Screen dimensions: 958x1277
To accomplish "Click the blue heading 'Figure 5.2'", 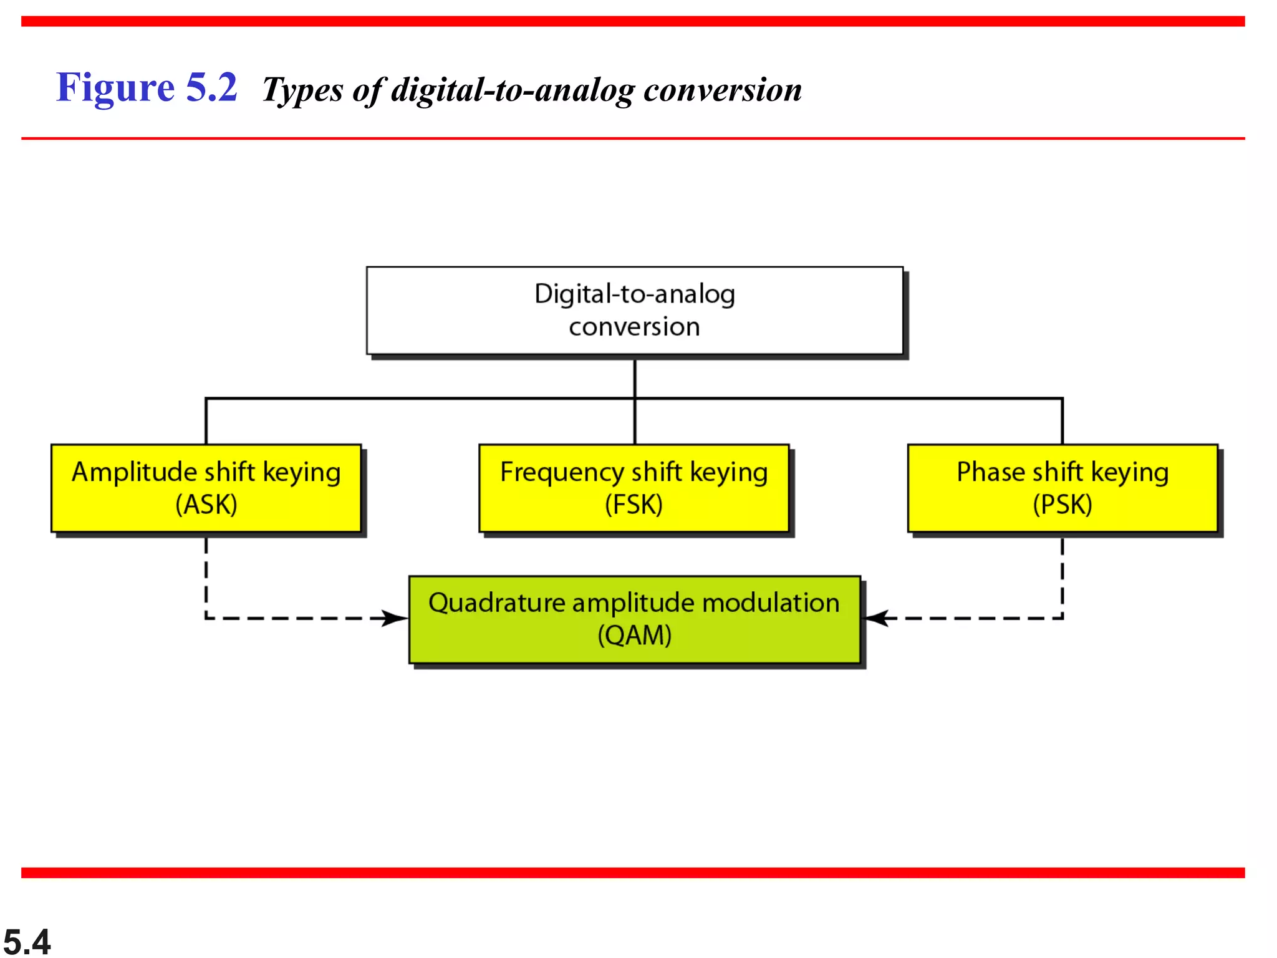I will click(147, 87).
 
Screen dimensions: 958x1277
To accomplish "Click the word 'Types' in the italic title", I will click(302, 90).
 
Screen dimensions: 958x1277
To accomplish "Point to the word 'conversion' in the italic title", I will click(722, 90).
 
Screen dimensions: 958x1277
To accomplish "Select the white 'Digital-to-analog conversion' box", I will click(634, 311).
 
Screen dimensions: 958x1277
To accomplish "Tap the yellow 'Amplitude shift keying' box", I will click(206, 488).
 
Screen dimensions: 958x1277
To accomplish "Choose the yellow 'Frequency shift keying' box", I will click(634, 488).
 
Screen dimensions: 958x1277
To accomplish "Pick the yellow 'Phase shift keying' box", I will click(1062, 488).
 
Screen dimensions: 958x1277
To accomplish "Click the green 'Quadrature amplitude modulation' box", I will click(634, 619).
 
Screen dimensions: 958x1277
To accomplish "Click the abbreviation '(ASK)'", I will click(206, 505).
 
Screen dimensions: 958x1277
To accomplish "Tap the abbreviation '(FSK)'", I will click(634, 505).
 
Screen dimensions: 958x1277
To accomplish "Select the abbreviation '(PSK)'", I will click(1062, 505).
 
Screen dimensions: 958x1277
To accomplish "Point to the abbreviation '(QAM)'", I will click(634, 636).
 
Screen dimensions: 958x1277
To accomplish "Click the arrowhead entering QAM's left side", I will click(395, 618).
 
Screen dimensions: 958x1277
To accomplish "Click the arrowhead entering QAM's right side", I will click(875, 618).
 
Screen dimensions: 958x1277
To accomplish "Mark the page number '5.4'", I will click(27, 941).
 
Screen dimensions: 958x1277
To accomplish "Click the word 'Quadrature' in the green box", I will click(496, 603).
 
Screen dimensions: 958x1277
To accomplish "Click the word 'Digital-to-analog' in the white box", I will click(634, 294).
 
